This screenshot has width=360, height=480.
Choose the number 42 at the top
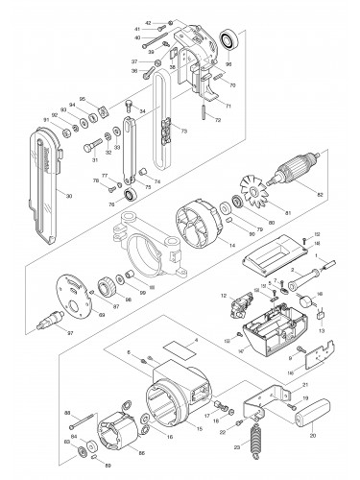149,20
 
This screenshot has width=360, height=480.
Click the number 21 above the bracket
279,379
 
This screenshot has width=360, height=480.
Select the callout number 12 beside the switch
222,295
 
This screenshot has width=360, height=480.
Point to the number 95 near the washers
82,99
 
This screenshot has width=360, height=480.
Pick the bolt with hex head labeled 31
92,147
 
